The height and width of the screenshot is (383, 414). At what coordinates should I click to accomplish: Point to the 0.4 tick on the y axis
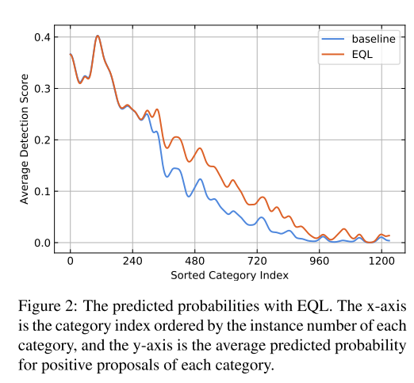[41, 37]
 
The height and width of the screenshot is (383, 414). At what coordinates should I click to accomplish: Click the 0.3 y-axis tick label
[41, 89]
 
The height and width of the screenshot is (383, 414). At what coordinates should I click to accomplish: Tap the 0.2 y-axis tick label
[41, 140]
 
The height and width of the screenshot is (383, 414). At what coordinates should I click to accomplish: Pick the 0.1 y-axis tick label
[41, 191]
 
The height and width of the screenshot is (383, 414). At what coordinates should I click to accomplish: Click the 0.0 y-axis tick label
[41, 243]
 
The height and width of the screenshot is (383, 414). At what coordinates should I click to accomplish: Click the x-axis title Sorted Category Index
[230, 275]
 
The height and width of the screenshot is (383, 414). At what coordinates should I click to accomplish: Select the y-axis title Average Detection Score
[25, 138]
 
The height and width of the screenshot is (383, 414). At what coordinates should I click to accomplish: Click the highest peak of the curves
[98, 36]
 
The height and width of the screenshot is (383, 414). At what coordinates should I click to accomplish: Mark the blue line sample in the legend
[329, 38]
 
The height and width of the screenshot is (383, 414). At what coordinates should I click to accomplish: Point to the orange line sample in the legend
[329, 55]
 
